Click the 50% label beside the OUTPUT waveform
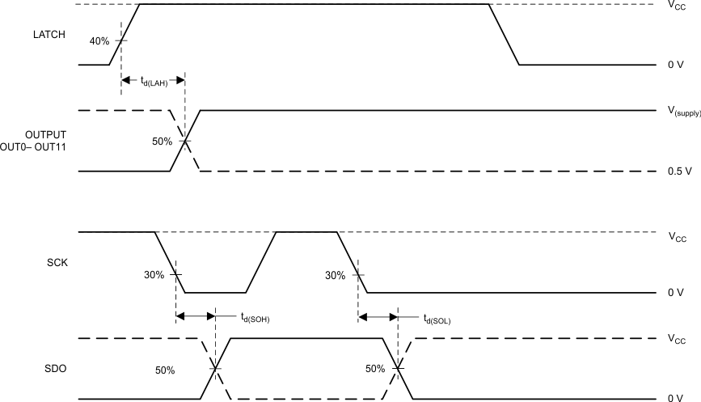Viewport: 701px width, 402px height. [163, 142]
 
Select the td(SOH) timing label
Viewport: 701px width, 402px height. [255, 318]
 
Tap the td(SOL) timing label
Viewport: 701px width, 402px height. [437, 318]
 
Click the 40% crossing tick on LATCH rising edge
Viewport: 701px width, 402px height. [121, 40]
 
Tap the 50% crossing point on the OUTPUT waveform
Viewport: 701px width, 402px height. [185, 141]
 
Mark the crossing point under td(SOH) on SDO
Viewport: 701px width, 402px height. [215, 368]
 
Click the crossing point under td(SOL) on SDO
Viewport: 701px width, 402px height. [398, 368]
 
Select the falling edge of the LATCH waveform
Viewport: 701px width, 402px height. [504, 35]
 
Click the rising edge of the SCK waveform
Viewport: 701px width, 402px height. [261, 262]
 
